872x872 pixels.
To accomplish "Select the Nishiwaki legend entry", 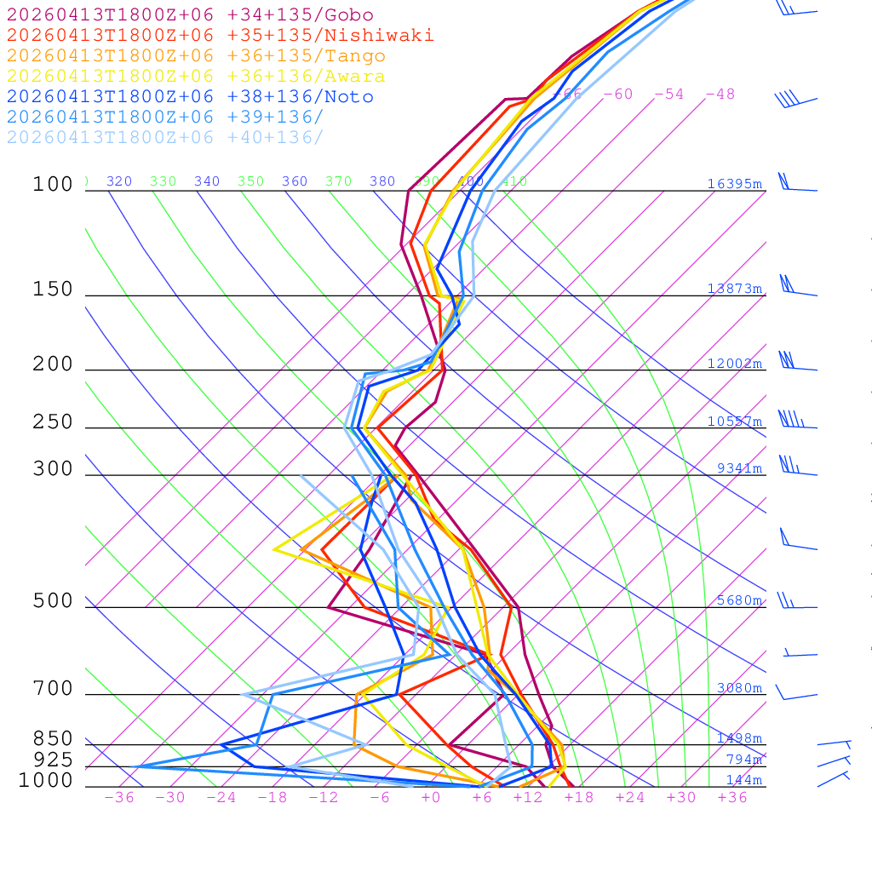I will pos(220,36).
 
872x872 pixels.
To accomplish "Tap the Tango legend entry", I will pos(196,56).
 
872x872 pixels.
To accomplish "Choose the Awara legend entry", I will pos(196,77).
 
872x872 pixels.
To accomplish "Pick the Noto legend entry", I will pos(190,97).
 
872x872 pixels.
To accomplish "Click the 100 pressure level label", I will pos(53,184).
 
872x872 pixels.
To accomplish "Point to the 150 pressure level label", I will pos(53,290).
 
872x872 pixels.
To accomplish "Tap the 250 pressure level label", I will pos(53,422).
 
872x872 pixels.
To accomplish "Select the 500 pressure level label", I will pos(53,601).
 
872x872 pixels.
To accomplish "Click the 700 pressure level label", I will pos(53,689).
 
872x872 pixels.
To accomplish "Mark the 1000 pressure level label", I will pos(46,781).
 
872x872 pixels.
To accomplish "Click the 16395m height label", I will pos(734,184).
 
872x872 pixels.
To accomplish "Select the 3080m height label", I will pos(739,688).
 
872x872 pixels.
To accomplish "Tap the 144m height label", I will pos(744,780).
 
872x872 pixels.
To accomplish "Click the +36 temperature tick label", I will pos(732,797).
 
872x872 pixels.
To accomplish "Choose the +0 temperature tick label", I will pos(430,797).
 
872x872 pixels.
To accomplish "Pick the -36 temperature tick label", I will pos(118,797).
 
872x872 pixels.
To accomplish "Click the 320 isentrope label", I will pos(119,181).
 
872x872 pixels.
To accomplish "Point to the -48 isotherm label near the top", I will pos(720,95).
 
